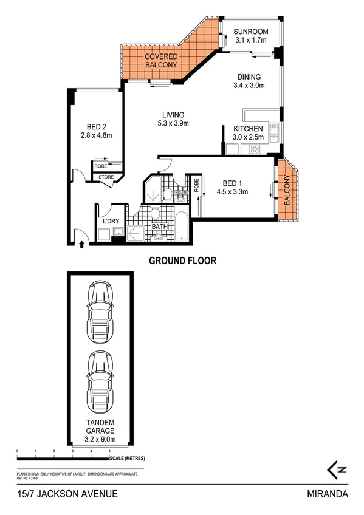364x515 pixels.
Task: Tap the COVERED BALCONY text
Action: click(x=160, y=60)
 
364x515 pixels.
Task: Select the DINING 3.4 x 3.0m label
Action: click(x=249, y=81)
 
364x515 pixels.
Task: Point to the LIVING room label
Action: click(x=173, y=119)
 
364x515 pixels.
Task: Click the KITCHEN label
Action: click(x=248, y=132)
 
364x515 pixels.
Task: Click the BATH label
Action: click(x=159, y=227)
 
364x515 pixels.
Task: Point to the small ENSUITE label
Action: click(x=182, y=193)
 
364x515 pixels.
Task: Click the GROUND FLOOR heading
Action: click(x=183, y=261)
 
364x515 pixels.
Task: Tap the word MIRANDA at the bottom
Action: click(x=328, y=494)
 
